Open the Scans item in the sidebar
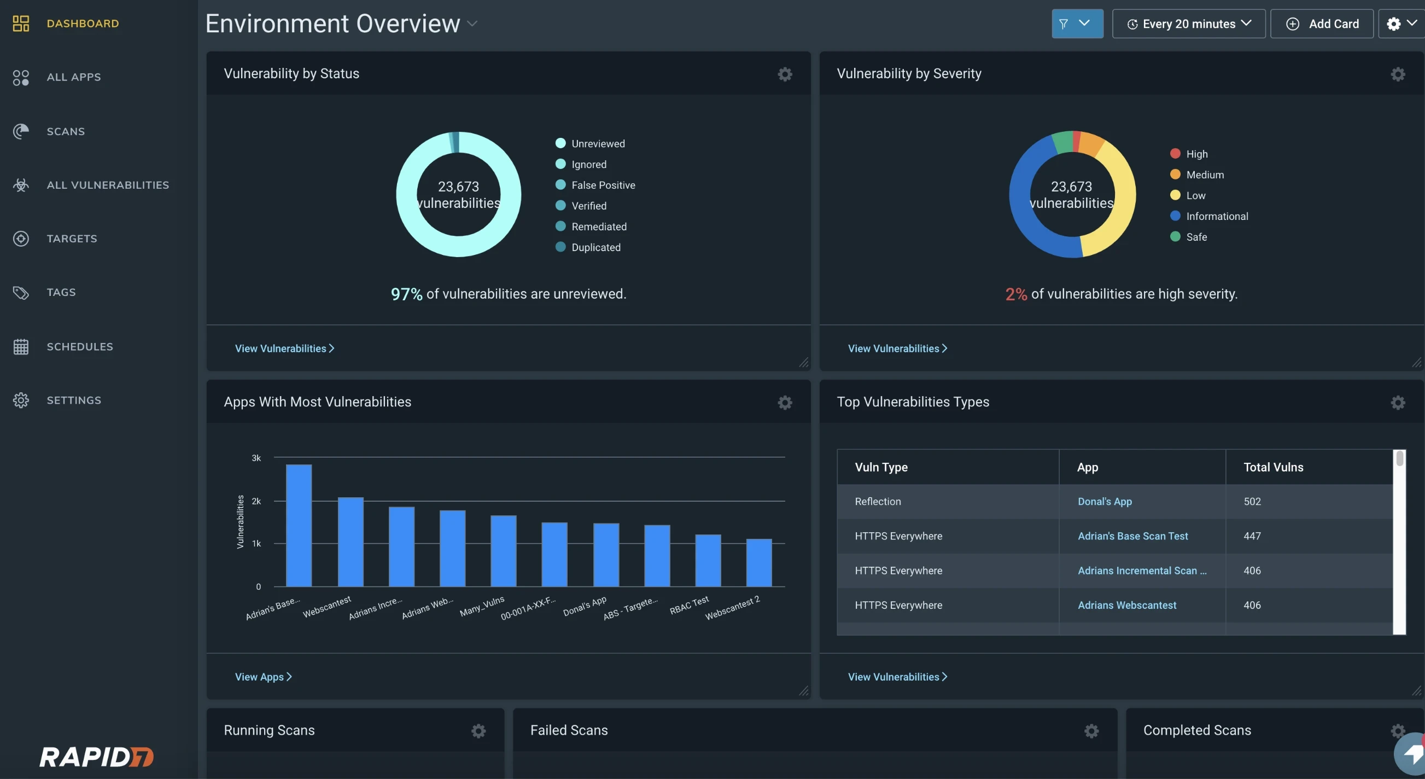tap(65, 131)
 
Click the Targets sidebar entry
tap(72, 239)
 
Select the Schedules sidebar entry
tap(79, 346)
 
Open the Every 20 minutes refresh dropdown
tap(1188, 24)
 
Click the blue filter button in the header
tap(1077, 24)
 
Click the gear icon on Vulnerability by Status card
tap(785, 74)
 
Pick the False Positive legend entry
tap(603, 185)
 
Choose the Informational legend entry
tap(1217, 216)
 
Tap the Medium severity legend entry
tap(1204, 175)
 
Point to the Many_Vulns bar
tap(503, 550)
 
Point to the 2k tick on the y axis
tap(256, 501)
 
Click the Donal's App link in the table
tap(1104, 501)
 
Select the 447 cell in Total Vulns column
tap(1252, 536)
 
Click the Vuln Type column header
tap(881, 467)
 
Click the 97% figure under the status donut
tap(406, 294)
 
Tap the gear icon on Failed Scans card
tap(1091, 731)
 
